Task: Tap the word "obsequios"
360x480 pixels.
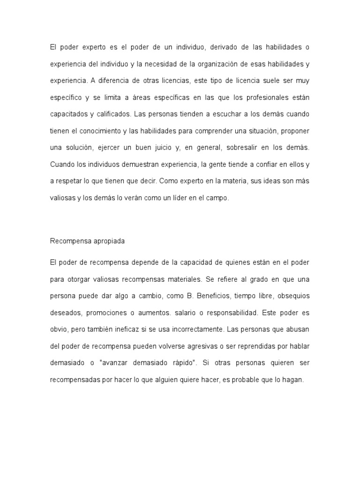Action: pos(290,296)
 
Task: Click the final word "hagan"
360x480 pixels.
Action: pos(293,380)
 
